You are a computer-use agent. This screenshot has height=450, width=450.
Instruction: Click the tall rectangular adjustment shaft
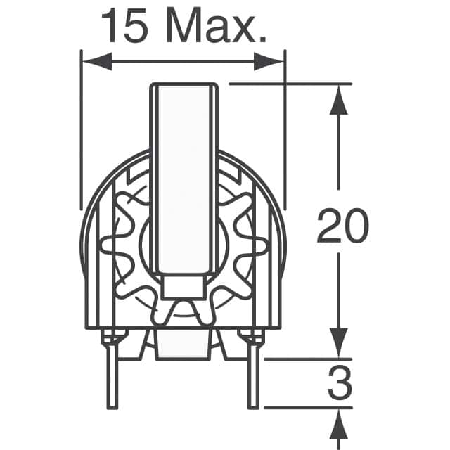point(183,176)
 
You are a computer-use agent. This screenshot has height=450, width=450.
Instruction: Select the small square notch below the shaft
point(183,286)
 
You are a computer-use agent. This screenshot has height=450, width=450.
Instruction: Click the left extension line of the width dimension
point(82,127)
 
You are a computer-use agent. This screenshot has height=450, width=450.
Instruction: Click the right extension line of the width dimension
point(285,127)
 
